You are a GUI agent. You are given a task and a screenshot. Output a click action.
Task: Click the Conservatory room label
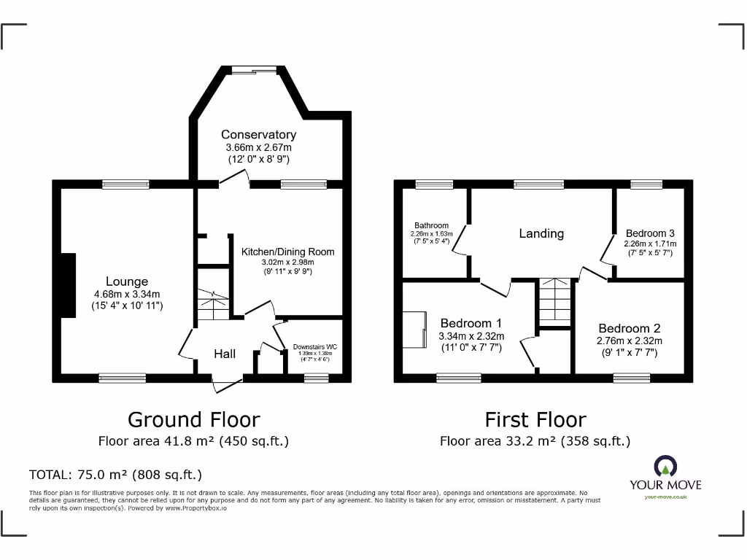coord(258,135)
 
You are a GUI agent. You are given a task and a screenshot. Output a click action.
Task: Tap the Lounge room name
coord(127,281)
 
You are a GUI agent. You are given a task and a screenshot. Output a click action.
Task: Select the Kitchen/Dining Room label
coord(288,252)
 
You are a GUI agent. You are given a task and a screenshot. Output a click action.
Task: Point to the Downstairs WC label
coord(315,346)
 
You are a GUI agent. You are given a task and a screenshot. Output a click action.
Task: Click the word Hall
coord(225,354)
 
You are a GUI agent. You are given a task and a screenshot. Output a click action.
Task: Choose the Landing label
coord(541,233)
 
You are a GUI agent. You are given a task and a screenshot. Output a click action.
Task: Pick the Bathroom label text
coord(431,226)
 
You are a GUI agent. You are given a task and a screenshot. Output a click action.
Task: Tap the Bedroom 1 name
coord(471,323)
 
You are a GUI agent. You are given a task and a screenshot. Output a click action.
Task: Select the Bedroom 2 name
coord(630,328)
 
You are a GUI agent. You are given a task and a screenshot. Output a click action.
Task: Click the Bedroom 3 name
coord(650,233)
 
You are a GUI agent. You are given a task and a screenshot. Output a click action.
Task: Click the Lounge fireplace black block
coord(68,285)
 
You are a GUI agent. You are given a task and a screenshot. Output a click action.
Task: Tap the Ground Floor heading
coord(193,420)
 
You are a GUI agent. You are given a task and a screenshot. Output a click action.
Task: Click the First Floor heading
coord(535,420)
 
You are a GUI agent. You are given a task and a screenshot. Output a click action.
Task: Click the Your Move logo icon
coord(665,467)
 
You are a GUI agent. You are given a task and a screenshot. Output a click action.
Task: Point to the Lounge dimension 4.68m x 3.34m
coord(127,295)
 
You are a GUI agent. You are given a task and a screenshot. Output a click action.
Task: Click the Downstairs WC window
coord(316,377)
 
